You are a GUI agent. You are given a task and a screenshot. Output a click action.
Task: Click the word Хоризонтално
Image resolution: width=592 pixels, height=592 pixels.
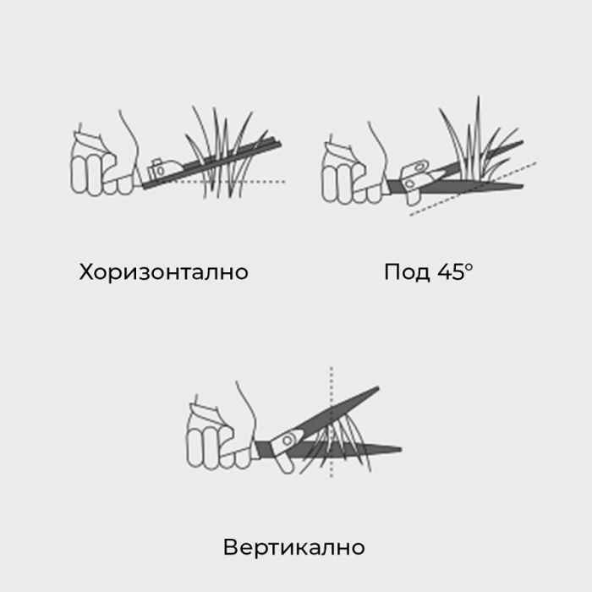pos(164,272)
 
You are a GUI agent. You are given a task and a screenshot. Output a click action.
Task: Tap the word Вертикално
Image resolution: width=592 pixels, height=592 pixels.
pos(293,546)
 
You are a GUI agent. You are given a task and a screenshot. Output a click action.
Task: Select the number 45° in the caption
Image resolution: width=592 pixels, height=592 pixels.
pos(457,272)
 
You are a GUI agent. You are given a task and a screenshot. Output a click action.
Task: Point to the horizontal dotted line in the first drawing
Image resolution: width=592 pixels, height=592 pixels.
pos(254,182)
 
